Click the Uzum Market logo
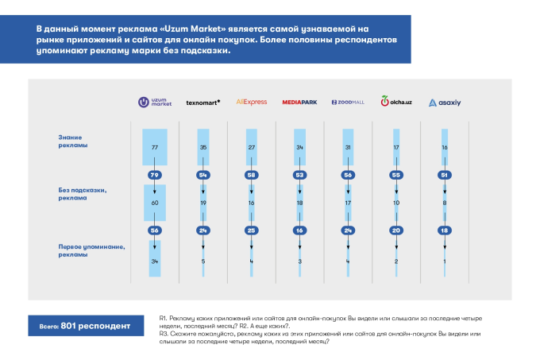click(155, 102)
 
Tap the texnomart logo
click(202, 103)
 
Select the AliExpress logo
click(252, 102)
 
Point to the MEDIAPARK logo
click(299, 103)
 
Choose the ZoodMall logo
click(348, 103)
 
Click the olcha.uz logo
click(396, 101)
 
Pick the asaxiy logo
click(445, 103)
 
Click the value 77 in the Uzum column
click(155, 148)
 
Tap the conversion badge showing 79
click(155, 175)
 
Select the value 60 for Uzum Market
click(155, 203)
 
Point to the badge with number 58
click(252, 175)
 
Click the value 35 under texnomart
click(203, 148)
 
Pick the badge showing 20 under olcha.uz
click(396, 230)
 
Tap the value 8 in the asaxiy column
click(445, 203)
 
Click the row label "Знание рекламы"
click(73, 141)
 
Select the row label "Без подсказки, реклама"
click(83, 194)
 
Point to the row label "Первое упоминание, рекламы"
click(91, 251)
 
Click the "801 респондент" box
click(86, 326)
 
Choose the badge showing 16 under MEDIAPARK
click(299, 230)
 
